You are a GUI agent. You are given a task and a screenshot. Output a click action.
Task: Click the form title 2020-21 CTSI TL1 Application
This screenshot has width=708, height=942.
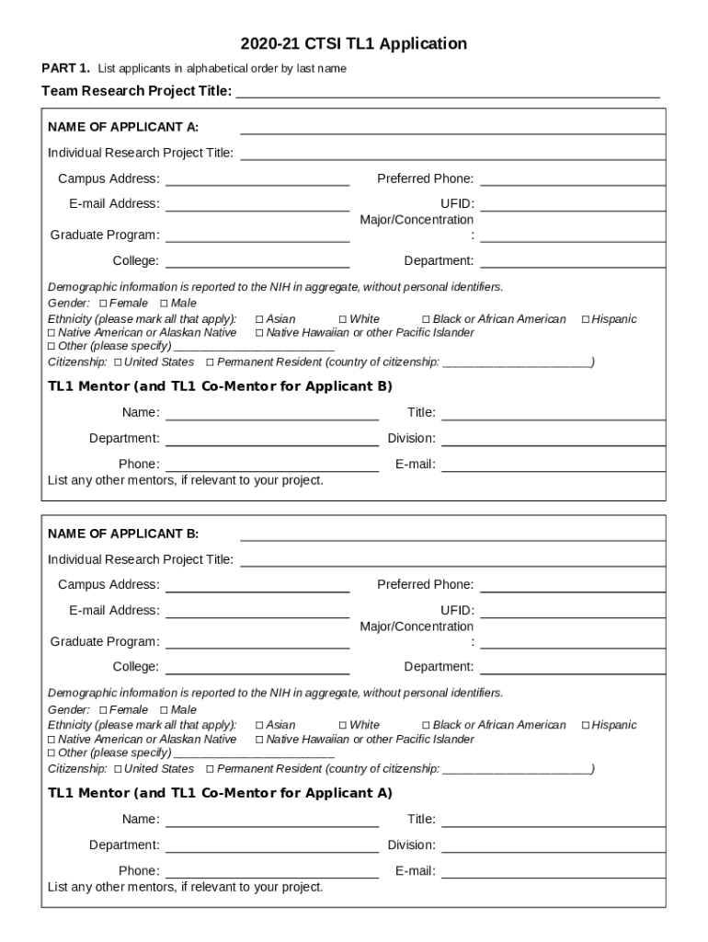click(354, 43)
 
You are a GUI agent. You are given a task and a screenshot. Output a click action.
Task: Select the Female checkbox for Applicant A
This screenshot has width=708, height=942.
click(103, 304)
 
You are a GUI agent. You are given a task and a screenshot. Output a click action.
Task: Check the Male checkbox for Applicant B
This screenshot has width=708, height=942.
click(164, 710)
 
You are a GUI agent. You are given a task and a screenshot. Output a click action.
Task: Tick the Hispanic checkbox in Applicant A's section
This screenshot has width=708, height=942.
click(586, 319)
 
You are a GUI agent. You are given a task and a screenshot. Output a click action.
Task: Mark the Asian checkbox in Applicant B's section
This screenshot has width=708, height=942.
click(259, 726)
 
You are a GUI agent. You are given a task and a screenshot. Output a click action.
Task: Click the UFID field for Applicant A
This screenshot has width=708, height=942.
click(572, 205)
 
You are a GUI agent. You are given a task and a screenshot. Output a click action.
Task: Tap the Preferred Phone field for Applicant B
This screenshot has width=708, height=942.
click(572, 586)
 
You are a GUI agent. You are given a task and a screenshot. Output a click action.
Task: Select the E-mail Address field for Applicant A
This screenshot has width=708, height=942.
click(257, 205)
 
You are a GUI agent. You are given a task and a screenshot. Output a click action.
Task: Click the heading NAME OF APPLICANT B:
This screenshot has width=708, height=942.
click(123, 534)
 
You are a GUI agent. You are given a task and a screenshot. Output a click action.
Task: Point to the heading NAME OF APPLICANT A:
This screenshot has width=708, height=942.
click(123, 127)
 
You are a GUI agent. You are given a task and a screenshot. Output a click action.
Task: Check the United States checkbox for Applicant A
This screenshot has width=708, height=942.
click(118, 362)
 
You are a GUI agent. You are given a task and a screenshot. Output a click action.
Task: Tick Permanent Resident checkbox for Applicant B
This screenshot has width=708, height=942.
click(211, 769)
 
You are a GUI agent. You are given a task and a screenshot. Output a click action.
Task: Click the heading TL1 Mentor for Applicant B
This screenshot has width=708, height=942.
click(220, 385)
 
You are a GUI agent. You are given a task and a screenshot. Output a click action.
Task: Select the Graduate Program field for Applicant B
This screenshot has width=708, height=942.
click(257, 643)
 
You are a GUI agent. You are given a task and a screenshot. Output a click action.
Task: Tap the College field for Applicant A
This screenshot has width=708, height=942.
click(257, 262)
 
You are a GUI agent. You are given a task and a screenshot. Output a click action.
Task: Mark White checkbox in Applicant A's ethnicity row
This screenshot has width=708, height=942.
click(343, 319)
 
